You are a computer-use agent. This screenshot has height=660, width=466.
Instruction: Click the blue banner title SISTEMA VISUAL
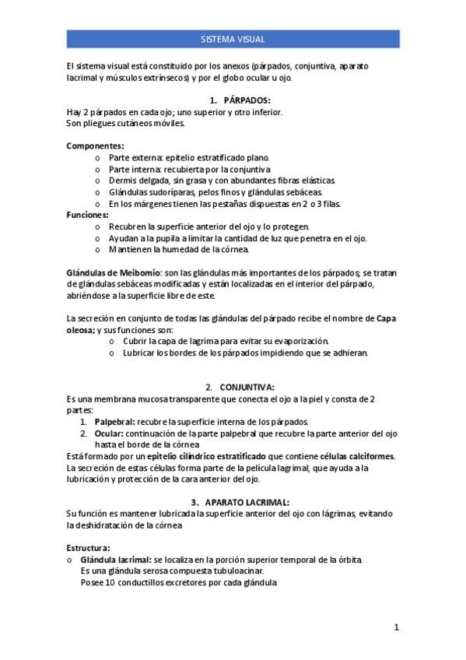click(x=233, y=38)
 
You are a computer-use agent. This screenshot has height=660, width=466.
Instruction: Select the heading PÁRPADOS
click(x=247, y=101)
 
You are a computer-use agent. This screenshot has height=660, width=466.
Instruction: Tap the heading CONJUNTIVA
click(x=247, y=388)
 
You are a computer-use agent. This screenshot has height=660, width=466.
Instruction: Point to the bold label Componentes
click(x=95, y=146)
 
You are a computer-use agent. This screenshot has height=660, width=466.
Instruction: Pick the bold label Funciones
click(x=88, y=215)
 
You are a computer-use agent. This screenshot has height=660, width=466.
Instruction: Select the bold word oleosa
click(x=81, y=330)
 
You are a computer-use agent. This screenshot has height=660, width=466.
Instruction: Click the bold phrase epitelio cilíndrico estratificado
click(x=205, y=456)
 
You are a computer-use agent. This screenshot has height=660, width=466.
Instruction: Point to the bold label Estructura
click(x=89, y=547)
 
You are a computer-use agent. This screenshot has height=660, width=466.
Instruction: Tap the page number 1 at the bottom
click(x=396, y=627)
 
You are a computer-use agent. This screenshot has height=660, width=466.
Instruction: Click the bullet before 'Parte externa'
click(x=97, y=157)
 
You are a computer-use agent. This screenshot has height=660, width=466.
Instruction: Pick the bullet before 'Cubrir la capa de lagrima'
click(x=111, y=341)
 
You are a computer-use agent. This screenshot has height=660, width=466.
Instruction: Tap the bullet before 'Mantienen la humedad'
click(x=97, y=250)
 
